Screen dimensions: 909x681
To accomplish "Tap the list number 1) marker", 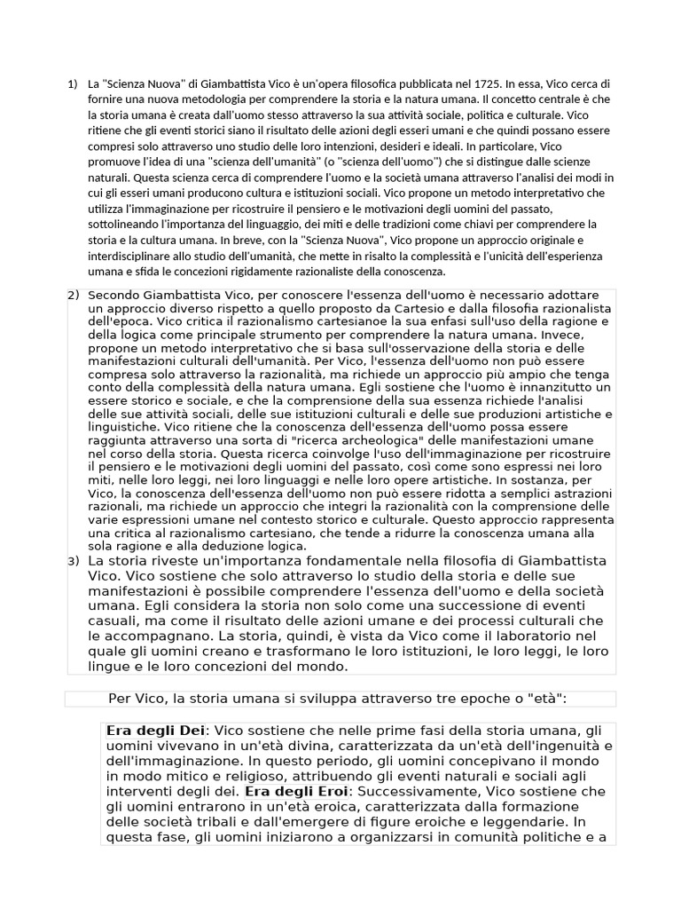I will point(73,84).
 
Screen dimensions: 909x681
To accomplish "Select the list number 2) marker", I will point(73,295).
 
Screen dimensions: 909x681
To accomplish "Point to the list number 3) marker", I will point(73,561).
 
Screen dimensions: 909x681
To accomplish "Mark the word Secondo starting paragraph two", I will point(115,295).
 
